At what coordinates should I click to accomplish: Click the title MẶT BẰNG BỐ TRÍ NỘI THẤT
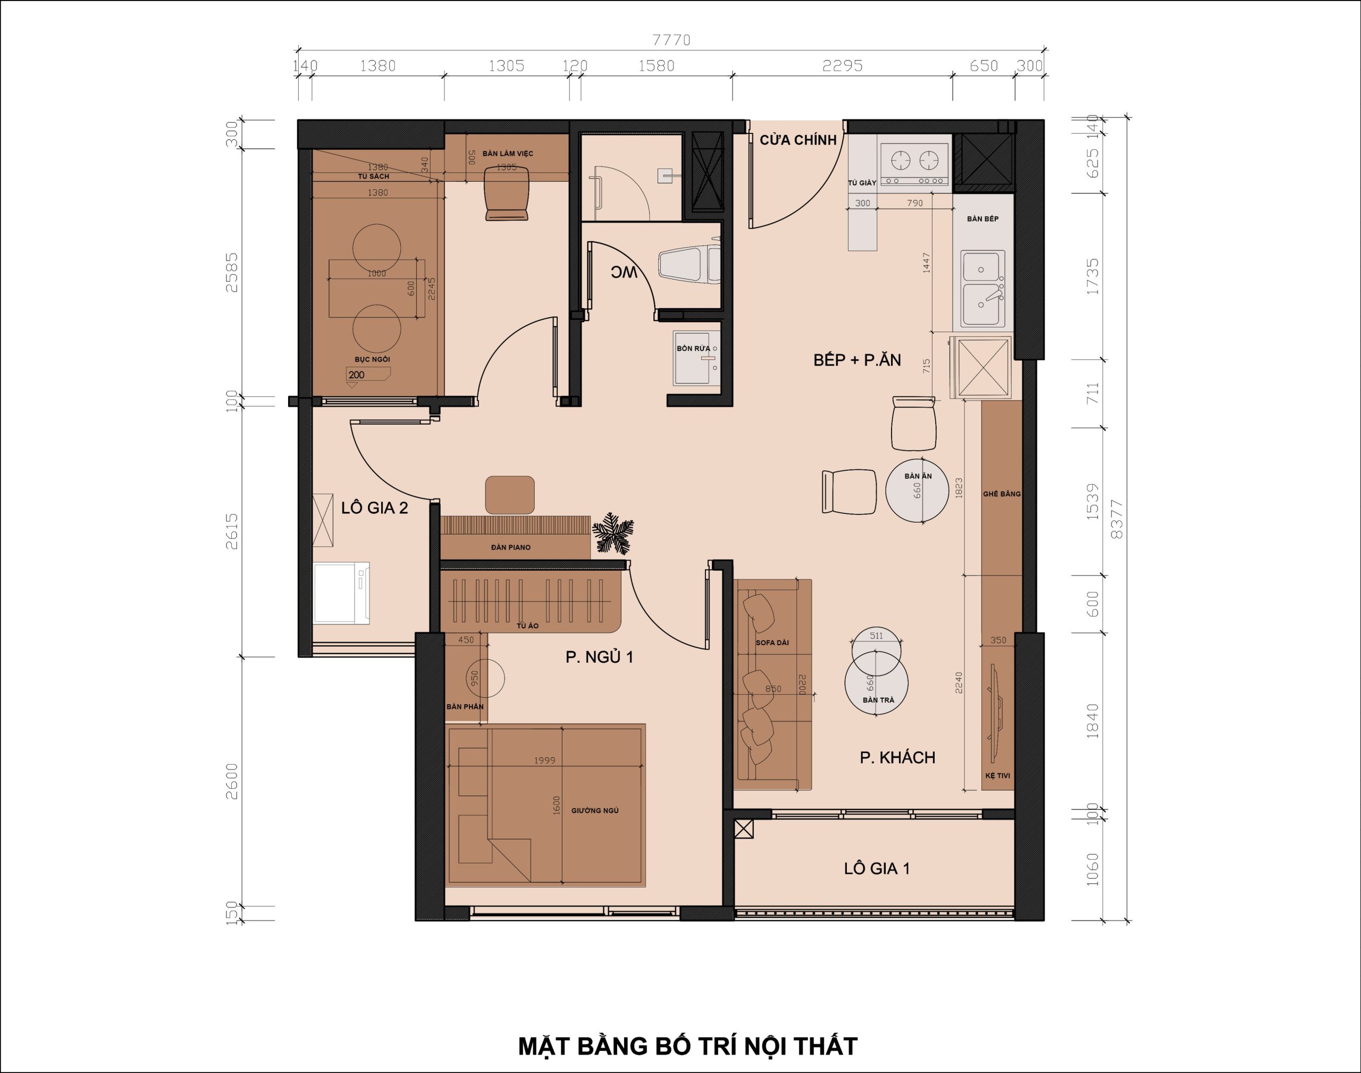[687, 1046]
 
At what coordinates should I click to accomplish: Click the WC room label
[624, 272]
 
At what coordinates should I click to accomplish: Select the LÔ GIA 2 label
[374, 508]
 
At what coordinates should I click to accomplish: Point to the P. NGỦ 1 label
[600, 657]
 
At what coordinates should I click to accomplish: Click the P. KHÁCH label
[897, 758]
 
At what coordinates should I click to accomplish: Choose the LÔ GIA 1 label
[877, 868]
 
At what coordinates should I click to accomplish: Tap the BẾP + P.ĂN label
[857, 360]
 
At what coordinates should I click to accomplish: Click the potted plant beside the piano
[612, 534]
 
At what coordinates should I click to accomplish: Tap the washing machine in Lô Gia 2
[341, 593]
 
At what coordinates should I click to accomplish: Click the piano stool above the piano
[510, 495]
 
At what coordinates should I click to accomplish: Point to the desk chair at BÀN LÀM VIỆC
[507, 193]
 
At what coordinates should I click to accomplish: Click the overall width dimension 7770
[671, 40]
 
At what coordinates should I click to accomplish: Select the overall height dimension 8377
[1116, 519]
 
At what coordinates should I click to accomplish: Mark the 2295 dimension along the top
[843, 66]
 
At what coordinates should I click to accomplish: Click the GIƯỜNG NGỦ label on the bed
[595, 810]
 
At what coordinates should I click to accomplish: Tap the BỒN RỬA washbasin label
[693, 348]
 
